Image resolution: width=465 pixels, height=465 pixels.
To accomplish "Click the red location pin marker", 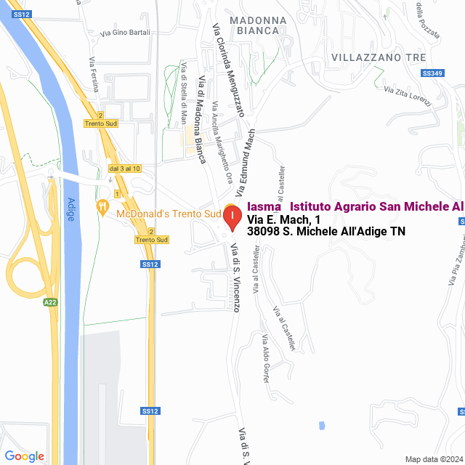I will tap(232, 217).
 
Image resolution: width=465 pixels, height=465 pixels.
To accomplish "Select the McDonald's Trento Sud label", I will tap(168, 214).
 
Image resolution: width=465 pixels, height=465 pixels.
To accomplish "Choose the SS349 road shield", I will tap(432, 73).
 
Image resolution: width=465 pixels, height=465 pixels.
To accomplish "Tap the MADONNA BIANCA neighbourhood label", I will tap(254, 25).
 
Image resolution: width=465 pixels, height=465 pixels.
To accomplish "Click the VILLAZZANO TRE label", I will tap(377, 57).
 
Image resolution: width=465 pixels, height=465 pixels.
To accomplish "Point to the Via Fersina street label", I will tap(94, 74).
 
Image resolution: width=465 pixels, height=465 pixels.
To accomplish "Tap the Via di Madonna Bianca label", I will tap(198, 122).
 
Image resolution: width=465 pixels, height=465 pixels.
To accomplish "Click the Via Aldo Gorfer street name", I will tap(270, 359).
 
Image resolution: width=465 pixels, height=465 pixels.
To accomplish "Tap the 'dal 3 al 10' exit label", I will tap(125, 169).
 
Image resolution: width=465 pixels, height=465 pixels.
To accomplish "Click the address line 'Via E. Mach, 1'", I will tap(283, 219).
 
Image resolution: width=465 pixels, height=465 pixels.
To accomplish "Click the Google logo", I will tap(25, 456).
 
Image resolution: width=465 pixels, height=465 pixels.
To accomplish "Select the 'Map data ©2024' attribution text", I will tap(433, 459).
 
